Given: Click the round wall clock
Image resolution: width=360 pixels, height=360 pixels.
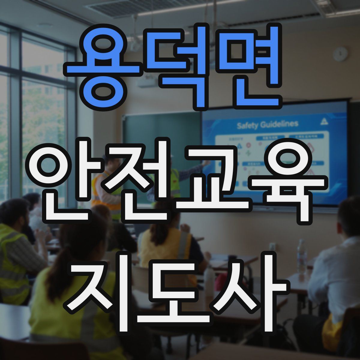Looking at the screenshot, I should (x=340, y=54).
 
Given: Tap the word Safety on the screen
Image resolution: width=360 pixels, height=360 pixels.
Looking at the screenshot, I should (x=247, y=125).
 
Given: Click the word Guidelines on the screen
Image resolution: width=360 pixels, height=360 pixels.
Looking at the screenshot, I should (x=279, y=124).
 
